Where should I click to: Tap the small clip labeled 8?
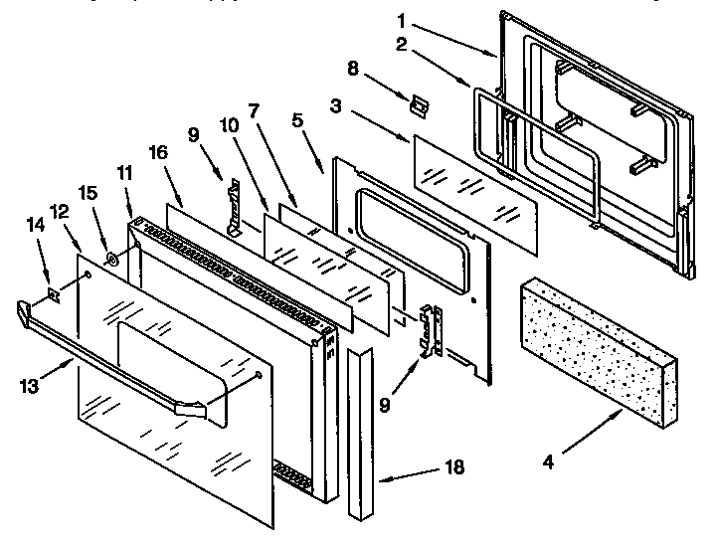(419, 104)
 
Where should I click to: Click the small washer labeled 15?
(111, 262)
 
